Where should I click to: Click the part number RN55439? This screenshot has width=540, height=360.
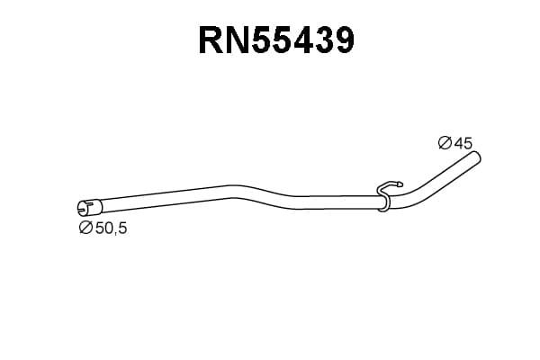tap(276, 40)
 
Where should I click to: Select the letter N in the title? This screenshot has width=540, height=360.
tap(238, 40)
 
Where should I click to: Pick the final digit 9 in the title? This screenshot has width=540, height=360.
tap(344, 40)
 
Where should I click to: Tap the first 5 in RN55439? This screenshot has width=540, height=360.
tap(263, 40)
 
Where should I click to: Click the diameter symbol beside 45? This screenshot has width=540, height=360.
tap(445, 142)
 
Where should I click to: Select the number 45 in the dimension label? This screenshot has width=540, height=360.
tap(463, 143)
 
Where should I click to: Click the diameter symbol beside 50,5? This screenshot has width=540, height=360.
tap(85, 228)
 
